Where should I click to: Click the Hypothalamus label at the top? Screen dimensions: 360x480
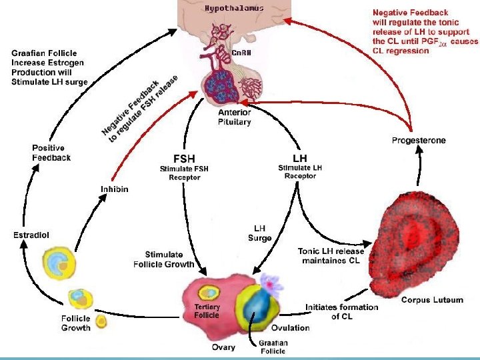pyautogui.click(x=233, y=9)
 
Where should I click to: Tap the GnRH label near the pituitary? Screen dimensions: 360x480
pyautogui.click(x=241, y=53)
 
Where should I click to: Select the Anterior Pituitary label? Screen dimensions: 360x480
pyautogui.click(x=235, y=117)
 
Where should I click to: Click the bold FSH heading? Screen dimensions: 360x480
pyautogui.click(x=184, y=159)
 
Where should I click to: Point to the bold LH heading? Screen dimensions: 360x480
pyautogui.click(x=300, y=158)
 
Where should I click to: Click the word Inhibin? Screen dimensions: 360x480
pyautogui.click(x=115, y=189)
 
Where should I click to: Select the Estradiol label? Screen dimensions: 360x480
pyautogui.click(x=32, y=235)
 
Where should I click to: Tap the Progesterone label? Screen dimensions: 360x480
pyautogui.click(x=419, y=141)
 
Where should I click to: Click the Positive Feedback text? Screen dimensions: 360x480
pyautogui.click(x=51, y=153)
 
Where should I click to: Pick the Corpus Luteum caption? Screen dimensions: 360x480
pyautogui.click(x=431, y=301)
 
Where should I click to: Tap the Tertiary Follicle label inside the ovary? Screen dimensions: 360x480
pyautogui.click(x=207, y=311)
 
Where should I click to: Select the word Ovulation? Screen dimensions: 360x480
pyautogui.click(x=290, y=328)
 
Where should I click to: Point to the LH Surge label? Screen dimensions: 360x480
pyautogui.click(x=260, y=233)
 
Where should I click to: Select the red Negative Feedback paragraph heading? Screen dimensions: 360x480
pyautogui.click(x=410, y=12)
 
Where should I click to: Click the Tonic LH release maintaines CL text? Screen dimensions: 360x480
pyautogui.click(x=331, y=255)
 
